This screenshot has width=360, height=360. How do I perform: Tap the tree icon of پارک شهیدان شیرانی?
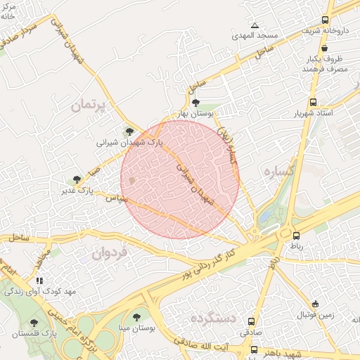click(128, 131)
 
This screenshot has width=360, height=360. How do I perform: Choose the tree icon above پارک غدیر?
click(77, 179)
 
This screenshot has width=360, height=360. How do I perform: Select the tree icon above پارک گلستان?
click(34, 322)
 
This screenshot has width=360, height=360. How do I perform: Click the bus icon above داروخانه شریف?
click(325, 20)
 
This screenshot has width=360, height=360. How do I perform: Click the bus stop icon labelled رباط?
click(296, 236)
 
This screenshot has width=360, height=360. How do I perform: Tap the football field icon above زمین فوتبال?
click(315, 304)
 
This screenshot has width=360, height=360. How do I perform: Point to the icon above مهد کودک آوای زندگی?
click(39, 280)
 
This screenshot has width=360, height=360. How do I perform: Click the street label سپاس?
click(115, 200)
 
